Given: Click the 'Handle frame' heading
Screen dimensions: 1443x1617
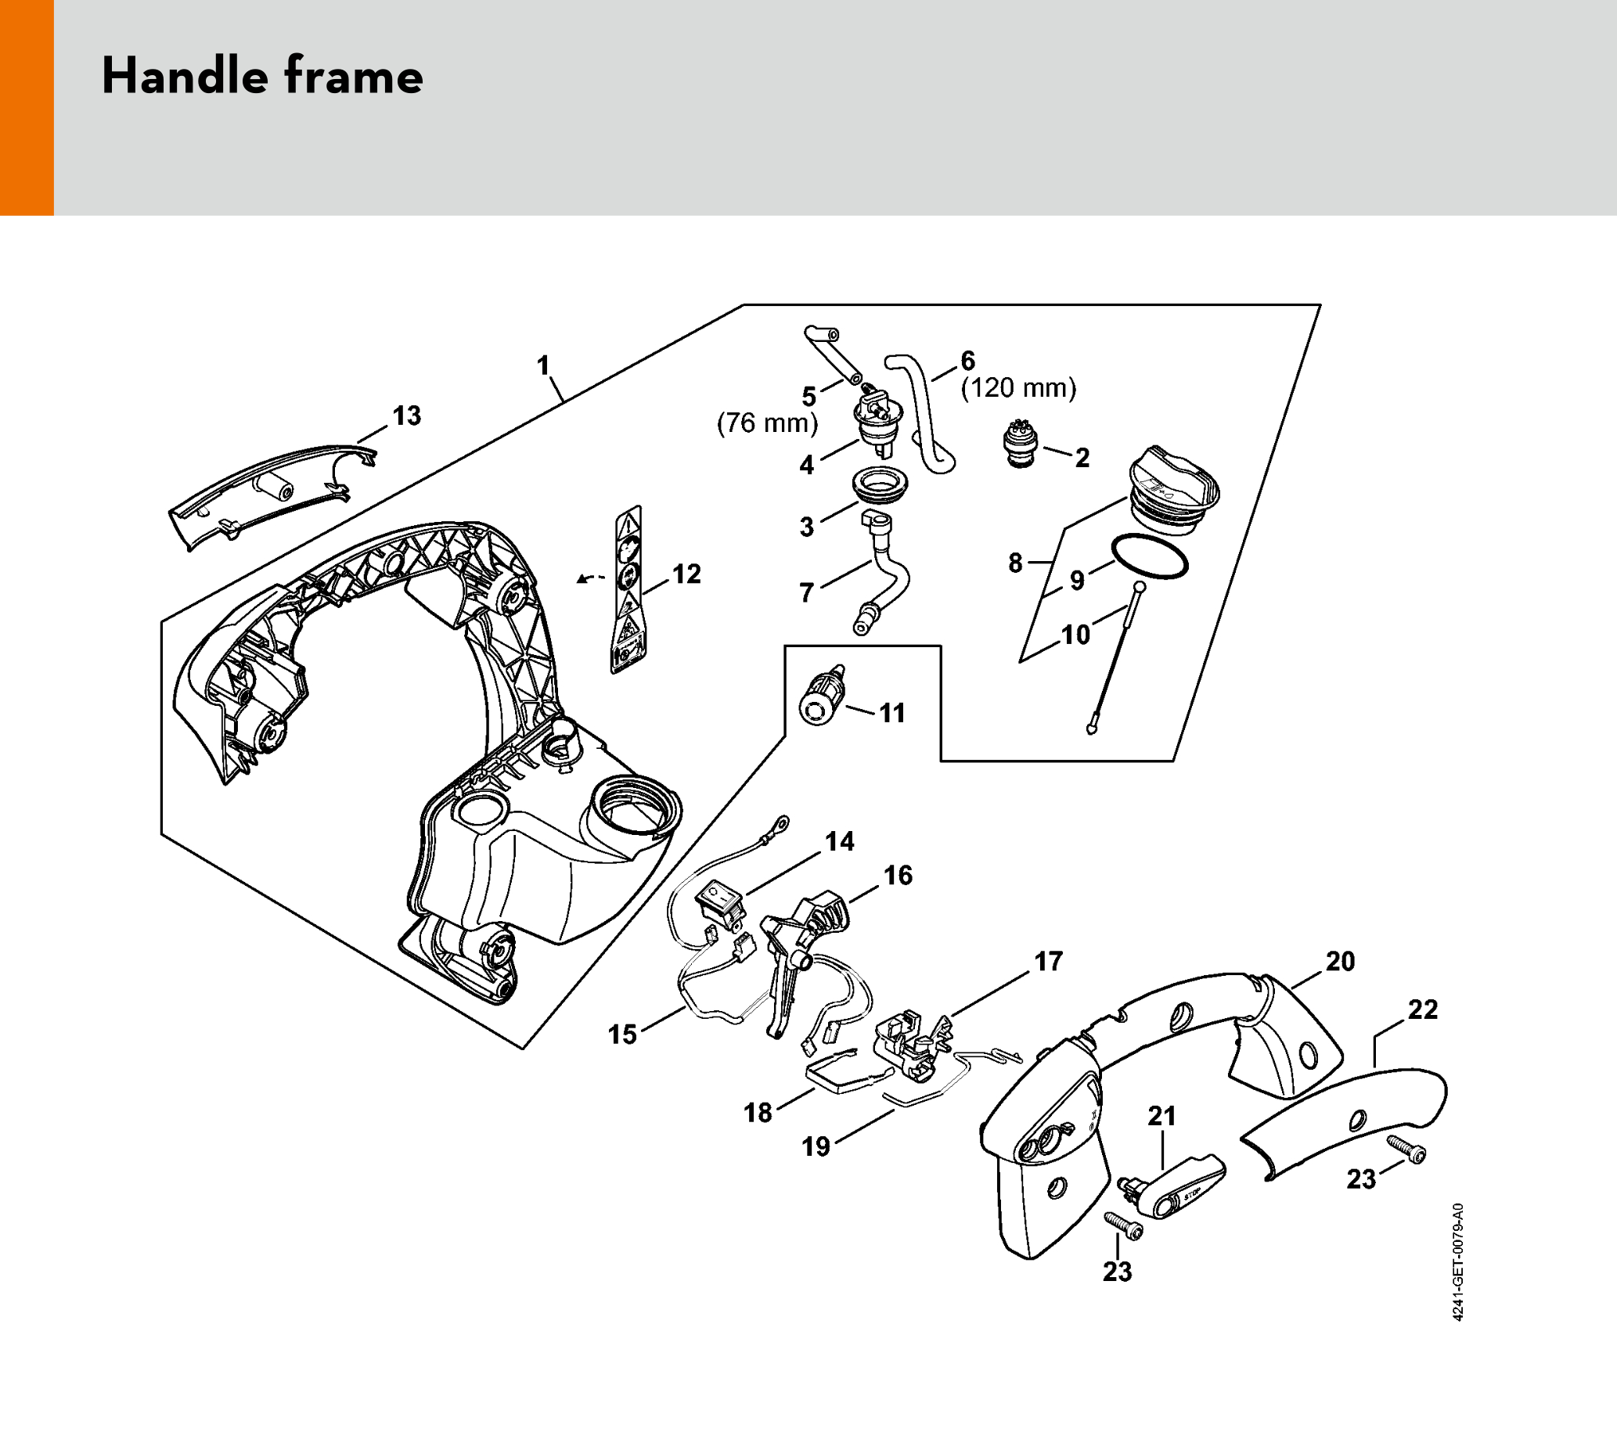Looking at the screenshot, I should click(x=262, y=77).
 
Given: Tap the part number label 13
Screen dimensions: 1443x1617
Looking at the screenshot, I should click(x=407, y=416).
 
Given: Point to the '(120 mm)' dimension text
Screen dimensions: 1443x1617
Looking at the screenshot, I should click(x=1018, y=388).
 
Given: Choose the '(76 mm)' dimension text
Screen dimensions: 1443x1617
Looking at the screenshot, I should click(x=767, y=423).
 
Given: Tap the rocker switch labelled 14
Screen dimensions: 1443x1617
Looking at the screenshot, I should click(x=719, y=905).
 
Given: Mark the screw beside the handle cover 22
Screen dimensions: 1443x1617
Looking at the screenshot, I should click(x=1406, y=1149).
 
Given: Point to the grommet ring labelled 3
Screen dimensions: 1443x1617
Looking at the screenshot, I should click(x=881, y=485).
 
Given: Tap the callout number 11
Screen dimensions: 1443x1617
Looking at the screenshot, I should click(x=892, y=713).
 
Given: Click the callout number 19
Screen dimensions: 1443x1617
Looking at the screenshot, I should click(x=816, y=1146).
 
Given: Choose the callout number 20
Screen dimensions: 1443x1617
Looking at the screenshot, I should click(x=1340, y=961).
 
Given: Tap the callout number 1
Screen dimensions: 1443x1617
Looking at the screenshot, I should click(x=543, y=365).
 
